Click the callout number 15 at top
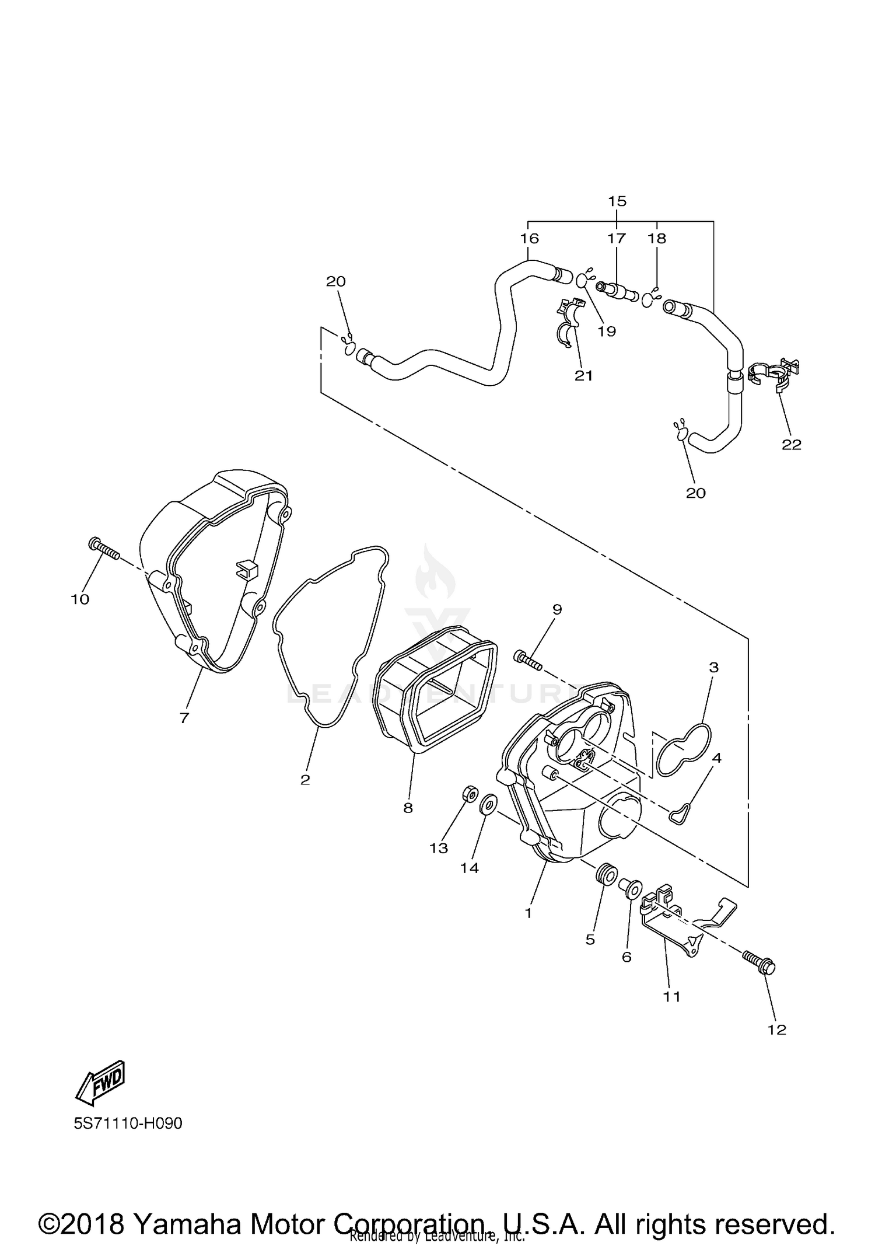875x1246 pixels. pos(617,201)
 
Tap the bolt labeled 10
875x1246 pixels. pos(104,549)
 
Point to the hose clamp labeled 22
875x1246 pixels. pos(773,374)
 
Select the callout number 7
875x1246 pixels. pos(184,718)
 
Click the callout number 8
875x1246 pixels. pos(408,808)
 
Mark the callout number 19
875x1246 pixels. pos(607,331)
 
